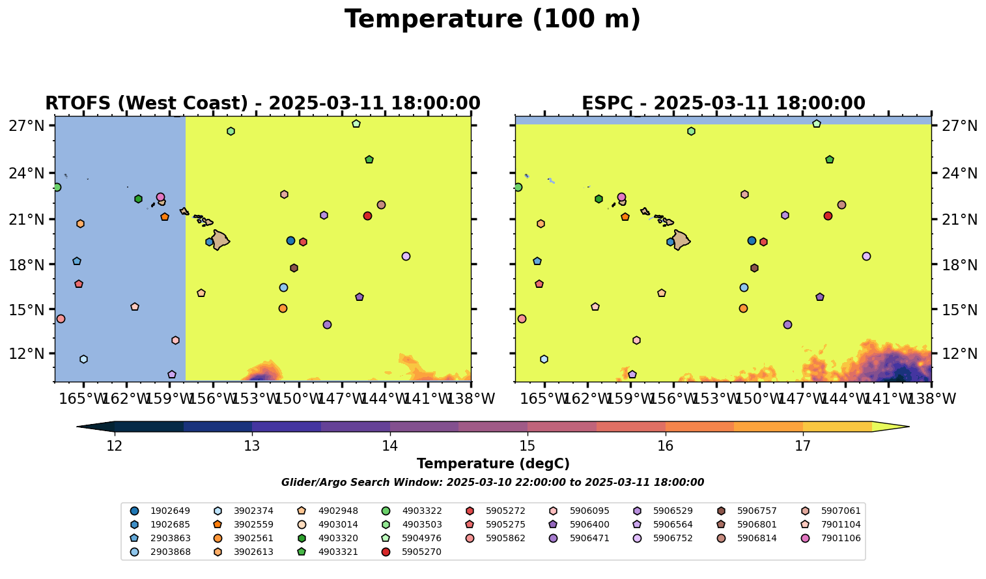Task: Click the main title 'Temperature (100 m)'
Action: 492,20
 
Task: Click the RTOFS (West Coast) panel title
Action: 262,104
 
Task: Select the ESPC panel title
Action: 723,104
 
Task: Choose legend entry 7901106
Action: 841,538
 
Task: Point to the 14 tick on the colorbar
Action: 389,446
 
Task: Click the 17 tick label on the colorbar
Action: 802,446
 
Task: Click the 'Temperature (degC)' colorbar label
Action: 493,464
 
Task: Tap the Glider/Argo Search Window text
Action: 492,483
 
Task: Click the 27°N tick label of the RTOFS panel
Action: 27,126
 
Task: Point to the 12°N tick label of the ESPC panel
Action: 959,354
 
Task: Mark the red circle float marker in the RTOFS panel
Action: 367,216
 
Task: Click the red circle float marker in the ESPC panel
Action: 828,216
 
